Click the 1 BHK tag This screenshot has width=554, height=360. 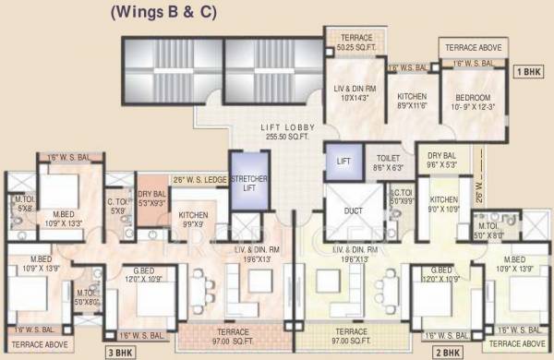[528, 70]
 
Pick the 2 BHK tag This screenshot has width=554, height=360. [448, 352]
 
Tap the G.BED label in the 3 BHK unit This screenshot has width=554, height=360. [140, 274]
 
